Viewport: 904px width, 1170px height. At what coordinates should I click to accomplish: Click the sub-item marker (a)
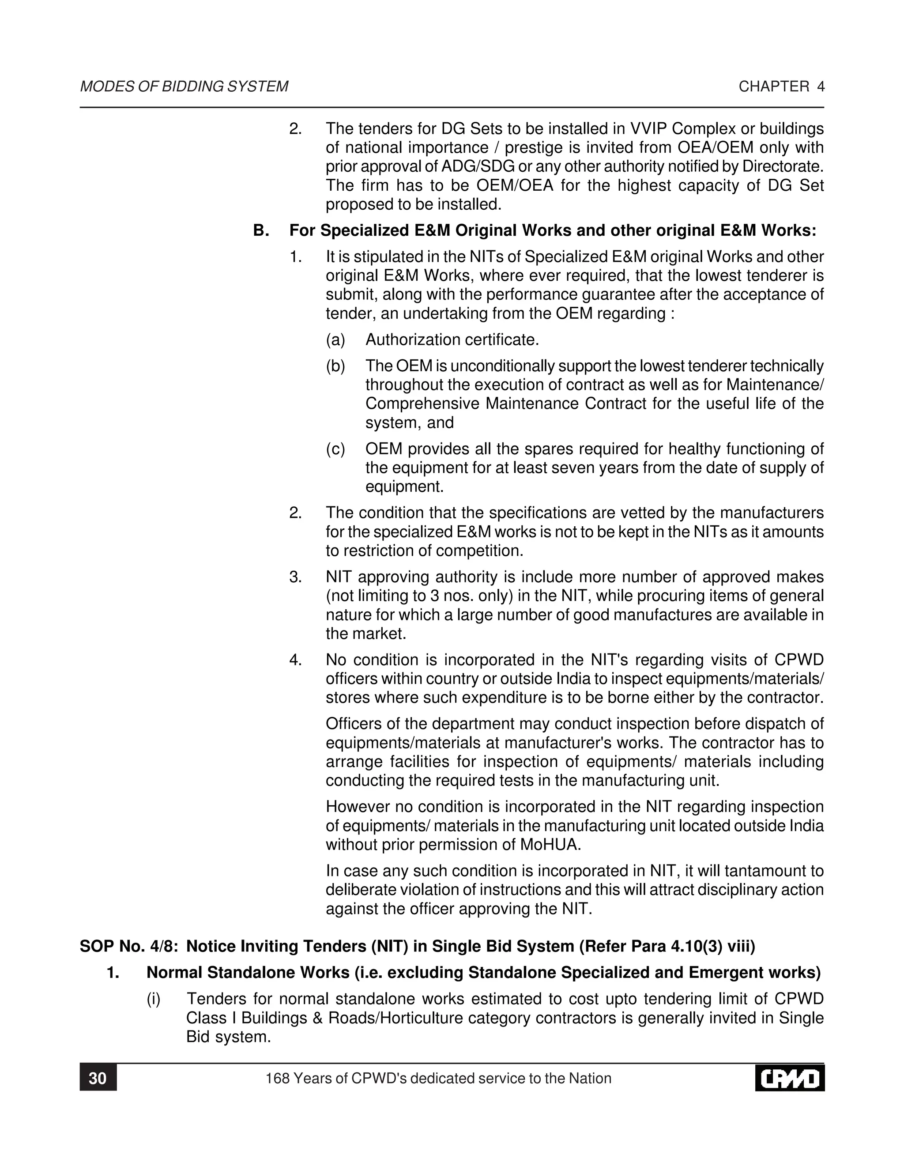click(336, 340)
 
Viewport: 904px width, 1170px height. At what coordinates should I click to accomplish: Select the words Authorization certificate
click(452, 340)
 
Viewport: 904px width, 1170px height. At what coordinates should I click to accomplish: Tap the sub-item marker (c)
click(336, 449)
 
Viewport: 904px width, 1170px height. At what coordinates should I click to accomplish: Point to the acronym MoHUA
click(550, 845)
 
